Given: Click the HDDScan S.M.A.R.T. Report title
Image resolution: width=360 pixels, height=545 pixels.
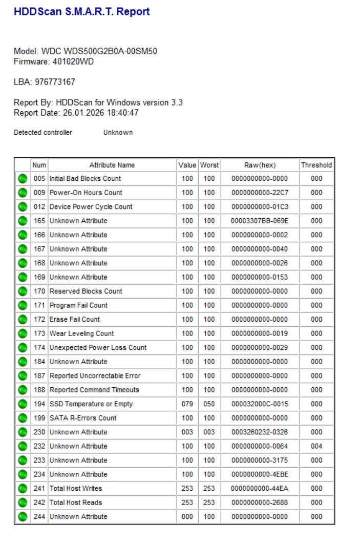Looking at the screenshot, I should [x=82, y=12].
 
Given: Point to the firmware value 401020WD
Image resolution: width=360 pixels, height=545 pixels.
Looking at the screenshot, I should [x=73, y=61].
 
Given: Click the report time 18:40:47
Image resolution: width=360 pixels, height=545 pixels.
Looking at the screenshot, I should [x=122, y=113].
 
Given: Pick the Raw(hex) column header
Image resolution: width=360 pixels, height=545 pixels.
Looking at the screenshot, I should [x=260, y=165].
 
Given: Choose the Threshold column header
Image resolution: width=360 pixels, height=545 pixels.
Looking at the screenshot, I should [x=316, y=165].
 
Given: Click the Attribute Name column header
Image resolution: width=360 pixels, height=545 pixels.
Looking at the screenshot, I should [x=112, y=165].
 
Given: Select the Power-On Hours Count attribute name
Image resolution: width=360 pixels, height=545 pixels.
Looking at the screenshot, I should [x=86, y=193].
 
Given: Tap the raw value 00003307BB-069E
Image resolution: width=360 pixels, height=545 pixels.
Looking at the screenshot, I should [x=260, y=221].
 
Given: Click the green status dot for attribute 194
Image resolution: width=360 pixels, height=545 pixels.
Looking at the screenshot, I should [x=22, y=404].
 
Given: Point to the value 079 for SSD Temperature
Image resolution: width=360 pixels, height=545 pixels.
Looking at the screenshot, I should [x=187, y=404].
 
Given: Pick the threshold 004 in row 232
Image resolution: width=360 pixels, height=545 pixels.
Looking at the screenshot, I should [x=316, y=446].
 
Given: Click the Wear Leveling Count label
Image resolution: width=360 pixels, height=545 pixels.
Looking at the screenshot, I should [x=81, y=333].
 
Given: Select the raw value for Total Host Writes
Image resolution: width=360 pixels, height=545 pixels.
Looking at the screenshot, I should [x=260, y=489].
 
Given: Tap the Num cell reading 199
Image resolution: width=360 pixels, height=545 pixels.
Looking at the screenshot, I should [x=39, y=418].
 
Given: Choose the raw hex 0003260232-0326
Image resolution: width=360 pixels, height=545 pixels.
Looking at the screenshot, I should [x=260, y=432].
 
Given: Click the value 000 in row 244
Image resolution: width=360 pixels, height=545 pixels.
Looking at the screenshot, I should [x=187, y=517].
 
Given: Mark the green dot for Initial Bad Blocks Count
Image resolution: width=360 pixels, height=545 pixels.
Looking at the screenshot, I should [x=22, y=179].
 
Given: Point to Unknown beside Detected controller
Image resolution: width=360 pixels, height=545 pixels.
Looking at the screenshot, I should [x=118, y=133].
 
